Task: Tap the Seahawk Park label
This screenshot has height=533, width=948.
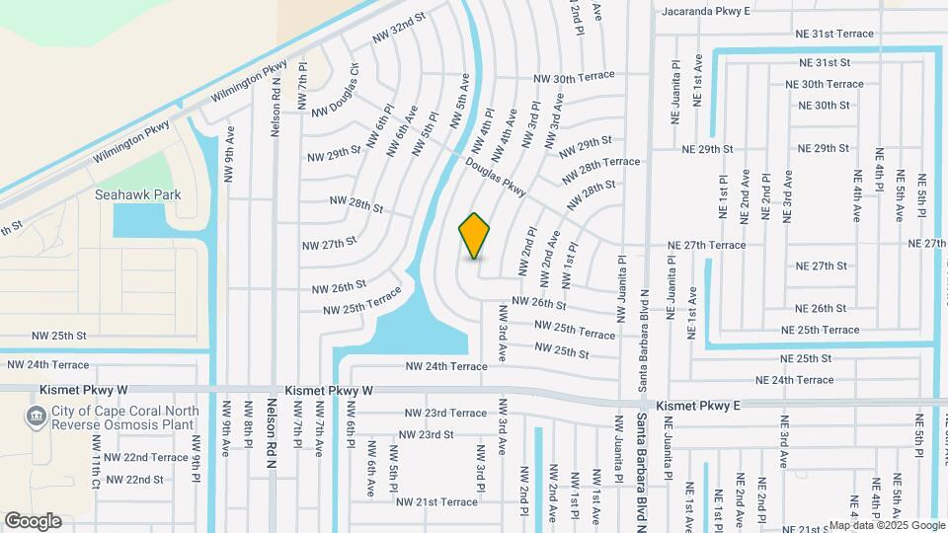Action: click(138, 195)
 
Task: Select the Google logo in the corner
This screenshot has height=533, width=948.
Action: click(33, 521)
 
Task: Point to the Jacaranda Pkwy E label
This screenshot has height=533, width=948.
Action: click(706, 11)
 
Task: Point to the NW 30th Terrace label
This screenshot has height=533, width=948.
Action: click(574, 77)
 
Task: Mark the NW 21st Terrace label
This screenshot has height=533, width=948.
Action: click(436, 501)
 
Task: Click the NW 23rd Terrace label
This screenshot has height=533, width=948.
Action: click(445, 413)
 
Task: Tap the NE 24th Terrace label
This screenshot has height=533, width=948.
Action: click(794, 380)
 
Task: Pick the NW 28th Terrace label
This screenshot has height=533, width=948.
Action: click(601, 169)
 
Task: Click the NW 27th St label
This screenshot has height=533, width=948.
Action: click(329, 242)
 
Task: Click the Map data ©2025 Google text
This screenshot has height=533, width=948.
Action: click(886, 525)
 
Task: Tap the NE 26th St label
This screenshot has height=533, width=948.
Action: click(821, 308)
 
